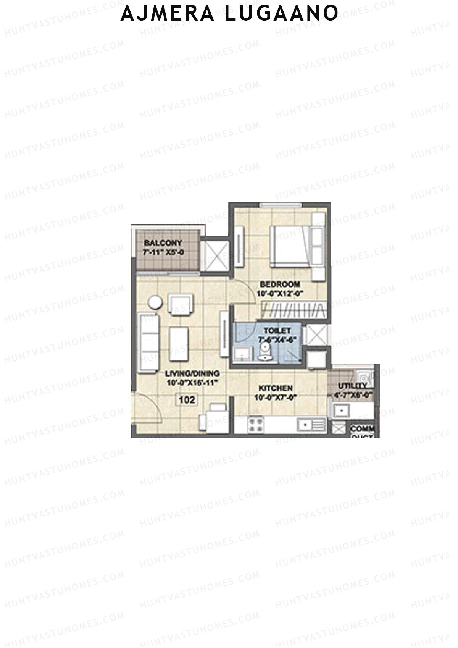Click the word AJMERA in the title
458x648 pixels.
(x=168, y=13)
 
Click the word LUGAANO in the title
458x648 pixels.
(x=281, y=13)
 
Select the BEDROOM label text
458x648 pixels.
(x=280, y=284)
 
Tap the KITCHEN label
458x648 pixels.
(x=274, y=388)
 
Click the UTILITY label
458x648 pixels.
(x=352, y=386)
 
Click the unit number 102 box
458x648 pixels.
(x=187, y=400)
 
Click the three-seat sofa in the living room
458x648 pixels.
(x=149, y=343)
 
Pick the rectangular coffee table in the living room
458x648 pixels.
(x=179, y=344)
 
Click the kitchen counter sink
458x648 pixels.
(x=305, y=425)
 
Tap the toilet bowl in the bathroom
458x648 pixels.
(x=264, y=350)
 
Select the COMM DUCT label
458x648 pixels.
(x=362, y=432)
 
